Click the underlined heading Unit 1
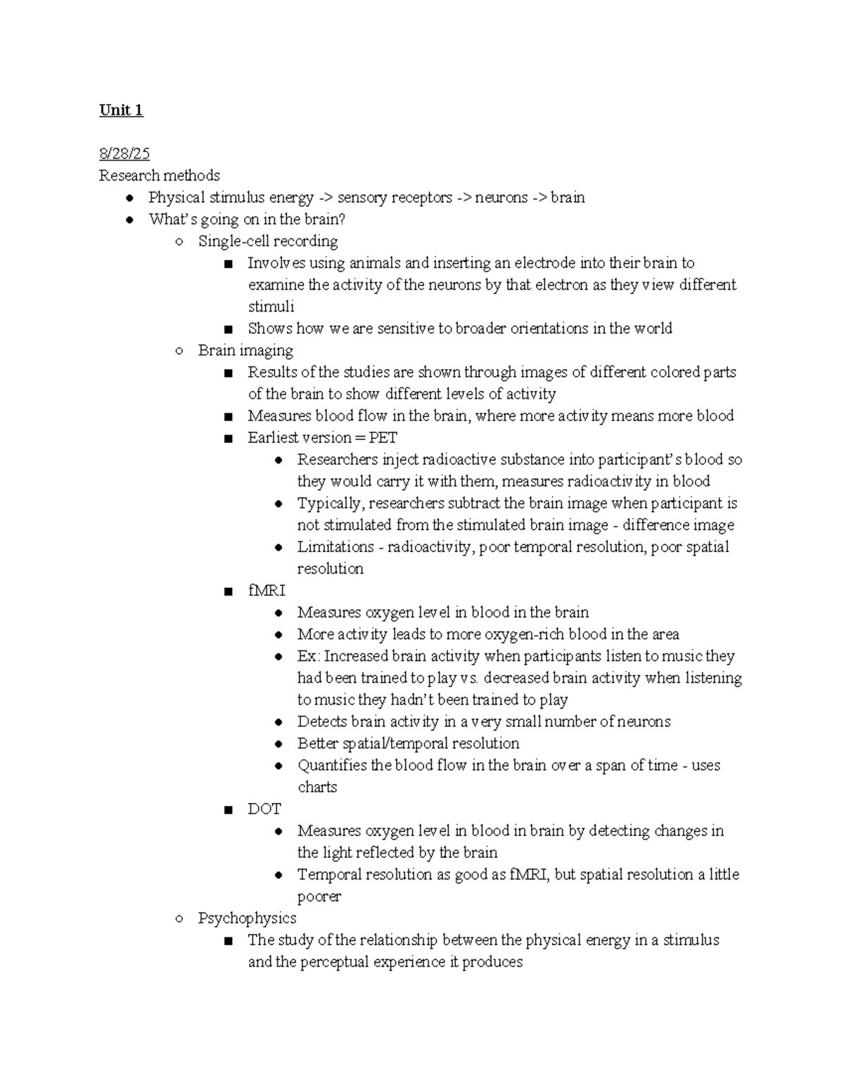point(121,110)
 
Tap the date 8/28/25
point(124,154)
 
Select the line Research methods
point(159,176)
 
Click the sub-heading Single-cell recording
point(268,241)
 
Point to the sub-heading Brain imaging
point(245,350)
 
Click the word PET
point(383,437)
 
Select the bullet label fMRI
point(267,591)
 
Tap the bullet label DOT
point(264,809)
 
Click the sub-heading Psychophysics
point(247,918)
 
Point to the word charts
point(317,787)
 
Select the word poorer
point(319,897)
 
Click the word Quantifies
point(332,765)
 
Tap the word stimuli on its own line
point(271,307)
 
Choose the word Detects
point(321,721)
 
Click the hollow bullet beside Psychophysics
point(180,918)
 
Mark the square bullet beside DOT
point(227,810)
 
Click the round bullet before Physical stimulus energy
point(130,198)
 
